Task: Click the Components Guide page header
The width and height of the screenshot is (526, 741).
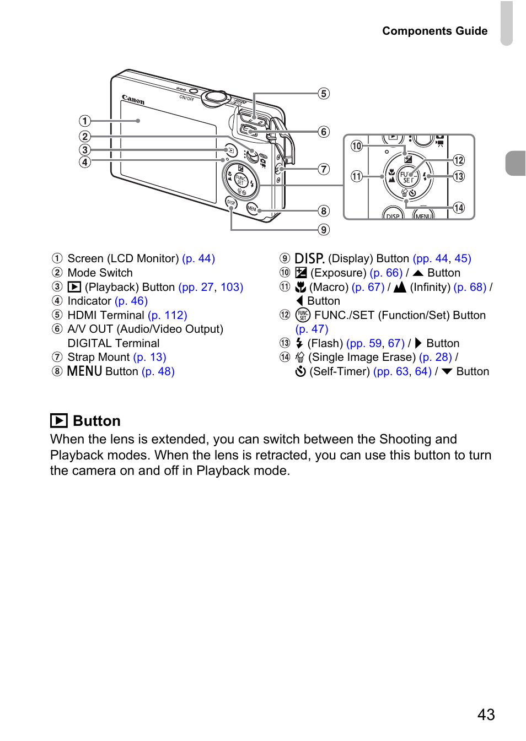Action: pyautogui.click(x=434, y=31)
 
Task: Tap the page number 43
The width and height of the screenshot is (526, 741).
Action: pyautogui.click(x=486, y=714)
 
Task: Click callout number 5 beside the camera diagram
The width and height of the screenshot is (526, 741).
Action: pyautogui.click(x=324, y=94)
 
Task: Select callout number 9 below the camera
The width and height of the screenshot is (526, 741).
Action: pyautogui.click(x=324, y=229)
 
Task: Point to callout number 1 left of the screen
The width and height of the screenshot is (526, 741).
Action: pyautogui.click(x=84, y=121)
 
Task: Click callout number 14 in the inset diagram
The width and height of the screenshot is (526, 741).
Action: pyautogui.click(x=459, y=208)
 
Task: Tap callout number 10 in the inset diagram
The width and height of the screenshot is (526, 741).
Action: pyautogui.click(x=357, y=146)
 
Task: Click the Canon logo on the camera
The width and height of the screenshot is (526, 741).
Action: pyautogui.click(x=133, y=100)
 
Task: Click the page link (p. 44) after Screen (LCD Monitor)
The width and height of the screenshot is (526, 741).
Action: pyautogui.click(x=198, y=258)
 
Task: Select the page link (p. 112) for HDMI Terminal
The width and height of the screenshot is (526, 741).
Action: pyautogui.click(x=168, y=315)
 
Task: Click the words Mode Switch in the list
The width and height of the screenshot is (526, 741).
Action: pyautogui.click(x=100, y=273)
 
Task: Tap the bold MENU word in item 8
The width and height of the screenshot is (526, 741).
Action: pyautogui.click(x=84, y=371)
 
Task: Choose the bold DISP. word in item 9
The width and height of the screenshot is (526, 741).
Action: pyautogui.click(x=309, y=258)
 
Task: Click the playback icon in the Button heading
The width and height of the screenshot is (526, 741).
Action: pyautogui.click(x=59, y=421)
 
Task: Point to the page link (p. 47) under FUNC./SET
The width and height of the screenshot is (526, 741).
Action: pyautogui.click(x=312, y=329)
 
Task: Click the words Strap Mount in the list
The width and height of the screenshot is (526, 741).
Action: pyautogui.click(x=99, y=357)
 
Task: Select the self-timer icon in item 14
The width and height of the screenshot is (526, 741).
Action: pyautogui.click(x=300, y=371)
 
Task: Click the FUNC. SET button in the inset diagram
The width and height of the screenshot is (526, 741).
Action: pyautogui.click(x=408, y=177)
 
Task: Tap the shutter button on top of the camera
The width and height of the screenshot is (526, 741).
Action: pyautogui.click(x=214, y=97)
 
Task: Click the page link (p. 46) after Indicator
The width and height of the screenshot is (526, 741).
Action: pyautogui.click(x=131, y=301)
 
